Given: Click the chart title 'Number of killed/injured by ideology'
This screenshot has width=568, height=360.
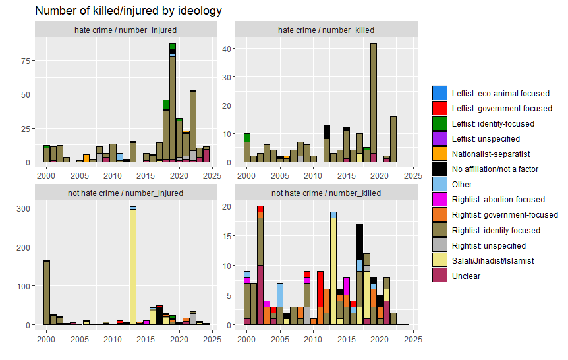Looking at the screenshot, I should tap(128, 11).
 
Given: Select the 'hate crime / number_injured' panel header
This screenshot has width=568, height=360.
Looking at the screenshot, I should tap(125, 30).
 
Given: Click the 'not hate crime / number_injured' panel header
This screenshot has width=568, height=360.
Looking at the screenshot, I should tap(125, 193).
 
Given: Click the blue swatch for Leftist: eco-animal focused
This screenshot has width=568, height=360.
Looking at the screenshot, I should tap(440, 93).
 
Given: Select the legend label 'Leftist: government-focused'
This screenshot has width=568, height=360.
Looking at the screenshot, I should tap(501, 108).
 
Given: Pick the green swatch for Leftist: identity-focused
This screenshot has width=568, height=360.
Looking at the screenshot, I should tap(440, 123).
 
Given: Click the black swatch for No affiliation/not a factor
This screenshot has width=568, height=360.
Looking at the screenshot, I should tap(440, 169).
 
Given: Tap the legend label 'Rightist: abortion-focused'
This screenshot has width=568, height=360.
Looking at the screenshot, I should tap(498, 199).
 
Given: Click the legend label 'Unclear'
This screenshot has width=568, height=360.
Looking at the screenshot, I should tap(466, 276).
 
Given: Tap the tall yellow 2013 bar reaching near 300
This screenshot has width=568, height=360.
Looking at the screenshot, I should tap(133, 267).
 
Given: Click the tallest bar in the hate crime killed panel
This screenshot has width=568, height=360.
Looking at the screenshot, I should tap(374, 99).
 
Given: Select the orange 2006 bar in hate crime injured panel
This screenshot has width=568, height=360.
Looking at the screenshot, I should tap(86, 158).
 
